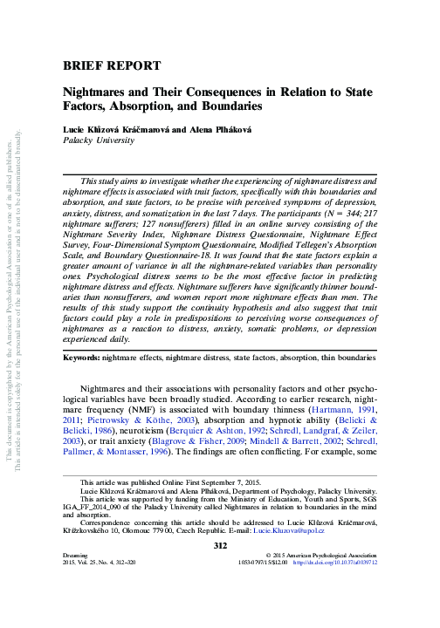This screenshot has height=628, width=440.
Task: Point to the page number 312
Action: pyautogui.click(x=220, y=545)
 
